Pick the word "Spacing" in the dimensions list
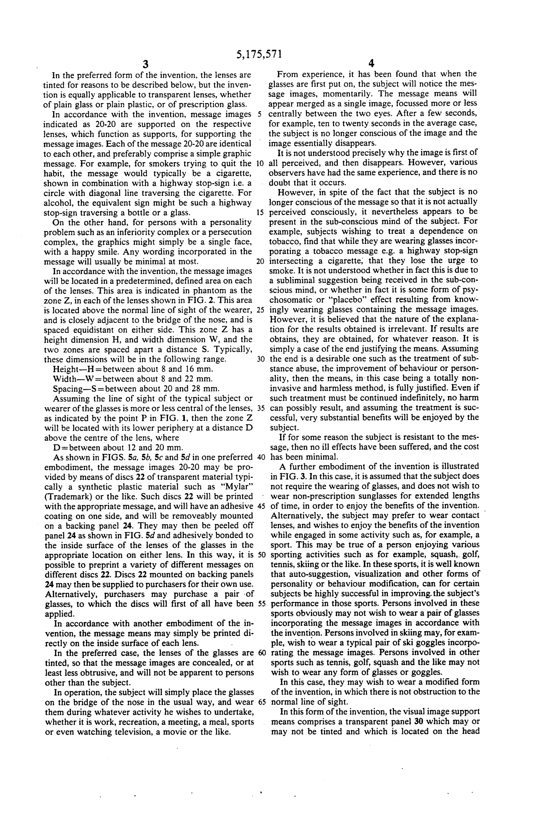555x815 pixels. click(x=68, y=388)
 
